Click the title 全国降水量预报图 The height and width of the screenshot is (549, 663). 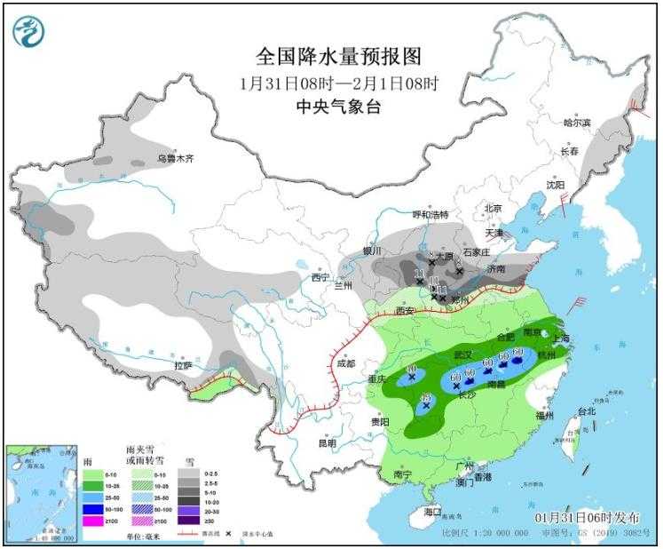(x=337, y=57)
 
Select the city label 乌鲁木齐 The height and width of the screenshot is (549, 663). (x=175, y=158)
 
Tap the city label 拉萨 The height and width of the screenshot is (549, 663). (x=183, y=364)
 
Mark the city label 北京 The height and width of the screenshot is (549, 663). (x=493, y=208)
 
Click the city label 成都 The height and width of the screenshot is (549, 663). (x=345, y=363)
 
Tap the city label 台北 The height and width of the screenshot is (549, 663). (x=588, y=411)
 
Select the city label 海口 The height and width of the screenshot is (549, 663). (x=432, y=513)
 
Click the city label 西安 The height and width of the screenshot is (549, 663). (x=405, y=310)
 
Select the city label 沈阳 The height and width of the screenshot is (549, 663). (x=555, y=185)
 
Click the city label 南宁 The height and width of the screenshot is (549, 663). (x=401, y=475)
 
